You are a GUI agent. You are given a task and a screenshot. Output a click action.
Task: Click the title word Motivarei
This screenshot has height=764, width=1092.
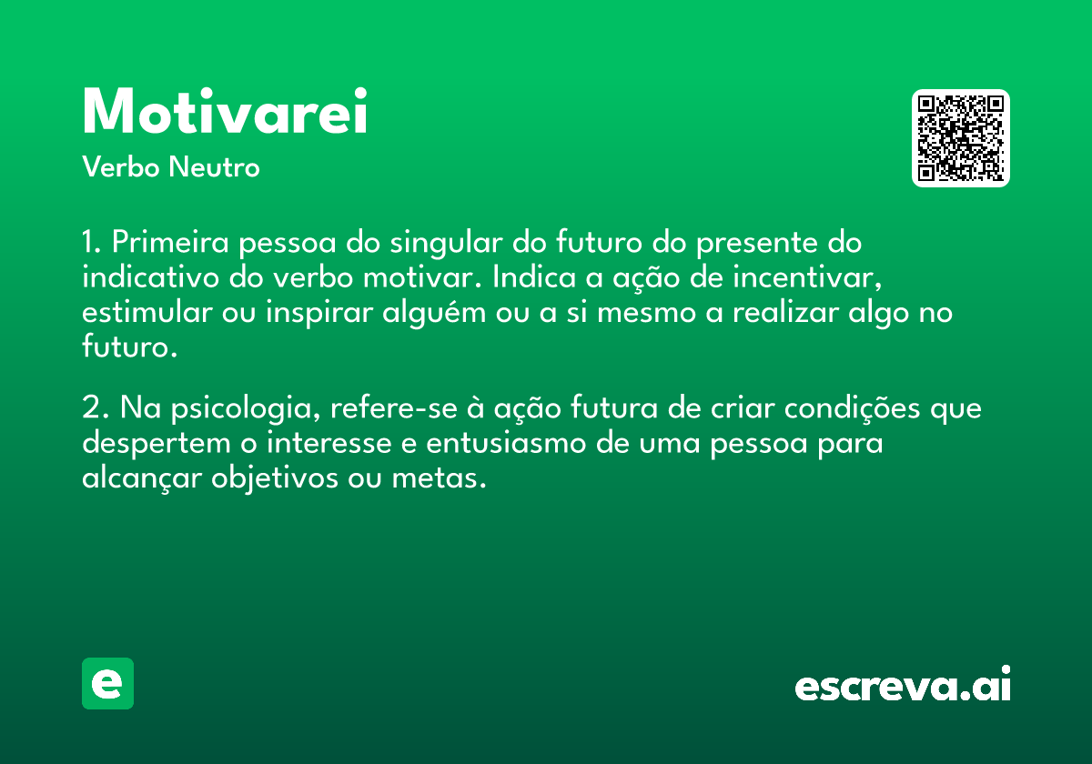tap(225, 111)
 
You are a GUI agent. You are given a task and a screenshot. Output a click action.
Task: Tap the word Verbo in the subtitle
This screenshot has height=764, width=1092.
tap(121, 166)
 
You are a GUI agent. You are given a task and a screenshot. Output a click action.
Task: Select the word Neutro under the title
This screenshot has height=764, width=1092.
tap(214, 166)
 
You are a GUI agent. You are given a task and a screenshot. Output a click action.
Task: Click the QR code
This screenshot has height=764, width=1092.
tap(960, 138)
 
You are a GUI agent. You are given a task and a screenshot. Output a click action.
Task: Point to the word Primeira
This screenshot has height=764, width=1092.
tap(170, 242)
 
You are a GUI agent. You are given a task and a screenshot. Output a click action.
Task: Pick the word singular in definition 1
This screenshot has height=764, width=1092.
tap(446, 243)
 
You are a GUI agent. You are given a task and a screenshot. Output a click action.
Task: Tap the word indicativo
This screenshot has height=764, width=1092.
tap(151, 277)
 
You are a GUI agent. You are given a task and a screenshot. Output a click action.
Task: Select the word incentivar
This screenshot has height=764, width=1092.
tap(808, 277)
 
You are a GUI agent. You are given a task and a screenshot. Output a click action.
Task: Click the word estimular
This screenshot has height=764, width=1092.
tap(147, 312)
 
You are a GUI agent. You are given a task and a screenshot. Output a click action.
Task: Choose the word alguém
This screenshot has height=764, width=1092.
tap(434, 313)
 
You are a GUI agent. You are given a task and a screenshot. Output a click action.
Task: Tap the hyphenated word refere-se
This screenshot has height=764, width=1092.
tap(394, 407)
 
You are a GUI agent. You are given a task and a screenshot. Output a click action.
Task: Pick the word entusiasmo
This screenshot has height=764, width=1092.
tap(506, 444)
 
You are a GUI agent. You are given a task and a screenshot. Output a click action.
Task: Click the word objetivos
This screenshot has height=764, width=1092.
tap(275, 479)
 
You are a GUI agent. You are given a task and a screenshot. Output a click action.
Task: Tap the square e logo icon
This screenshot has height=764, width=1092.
tap(107, 683)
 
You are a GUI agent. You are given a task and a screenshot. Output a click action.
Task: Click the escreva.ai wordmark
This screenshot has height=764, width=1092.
tap(903, 684)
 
